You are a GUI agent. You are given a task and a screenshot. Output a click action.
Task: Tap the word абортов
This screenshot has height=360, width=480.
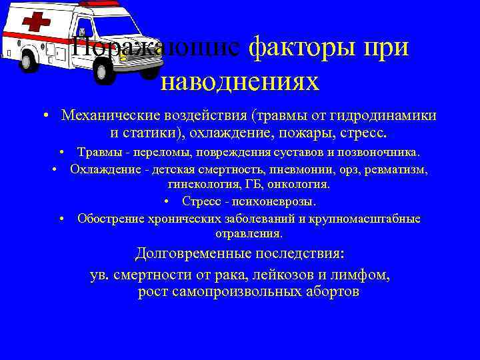(326, 292)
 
